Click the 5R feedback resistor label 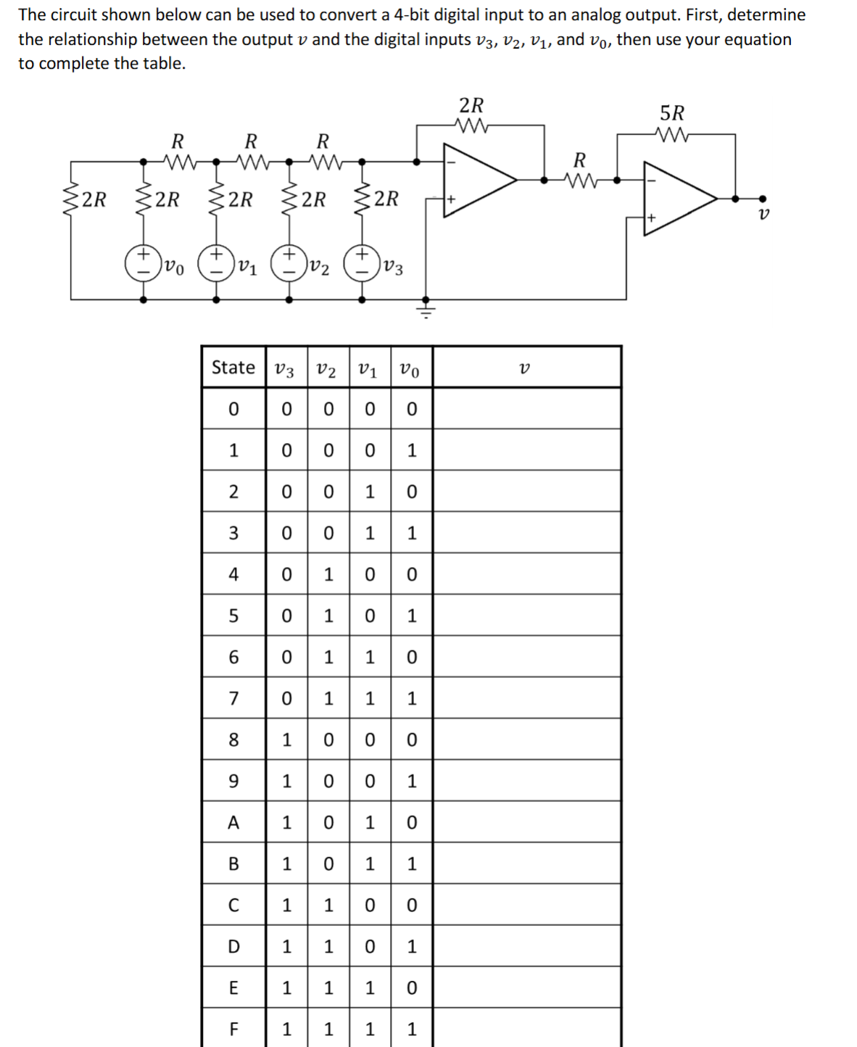[671, 114]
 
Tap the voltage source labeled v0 [143, 264]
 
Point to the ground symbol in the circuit [426, 311]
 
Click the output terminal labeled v [761, 199]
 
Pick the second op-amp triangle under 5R [677, 197]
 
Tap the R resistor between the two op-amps [579, 179]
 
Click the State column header [233, 368]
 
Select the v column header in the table [525, 368]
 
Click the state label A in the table [233, 822]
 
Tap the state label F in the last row [233, 1029]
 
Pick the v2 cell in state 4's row [328, 574]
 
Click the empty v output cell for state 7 [526, 698]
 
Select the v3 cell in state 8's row [286, 740]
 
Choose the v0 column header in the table [410, 369]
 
